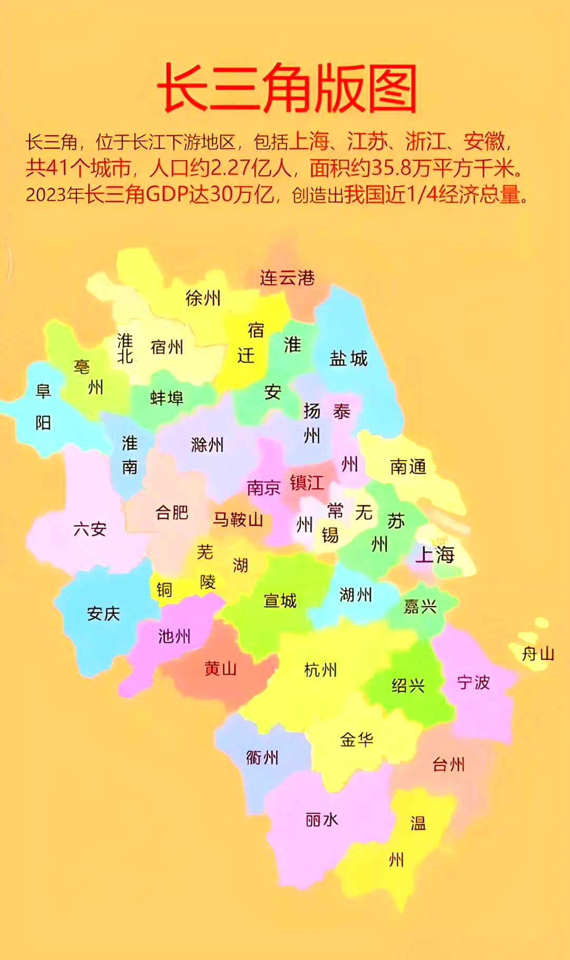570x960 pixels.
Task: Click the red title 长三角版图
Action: (x=287, y=88)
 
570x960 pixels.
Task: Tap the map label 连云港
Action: (x=287, y=278)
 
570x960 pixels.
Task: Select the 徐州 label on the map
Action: (x=203, y=299)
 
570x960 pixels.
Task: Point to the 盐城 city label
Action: (x=348, y=359)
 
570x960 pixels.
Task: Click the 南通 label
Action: (x=408, y=467)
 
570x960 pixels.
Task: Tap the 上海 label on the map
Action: (x=435, y=555)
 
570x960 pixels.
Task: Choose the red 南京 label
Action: (x=263, y=487)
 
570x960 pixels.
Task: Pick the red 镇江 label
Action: (x=307, y=482)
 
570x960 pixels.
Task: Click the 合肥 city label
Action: (x=172, y=512)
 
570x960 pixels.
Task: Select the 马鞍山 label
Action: (x=238, y=520)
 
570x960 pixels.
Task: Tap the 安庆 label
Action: (x=103, y=613)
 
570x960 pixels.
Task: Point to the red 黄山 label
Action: (x=221, y=669)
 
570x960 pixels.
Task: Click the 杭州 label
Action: (x=320, y=670)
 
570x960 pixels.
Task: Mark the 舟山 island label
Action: (x=538, y=654)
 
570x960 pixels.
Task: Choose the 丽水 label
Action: (x=322, y=820)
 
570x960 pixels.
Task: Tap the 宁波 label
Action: (x=473, y=683)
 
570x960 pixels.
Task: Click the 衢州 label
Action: (x=262, y=758)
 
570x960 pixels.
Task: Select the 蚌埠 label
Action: (x=167, y=398)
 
